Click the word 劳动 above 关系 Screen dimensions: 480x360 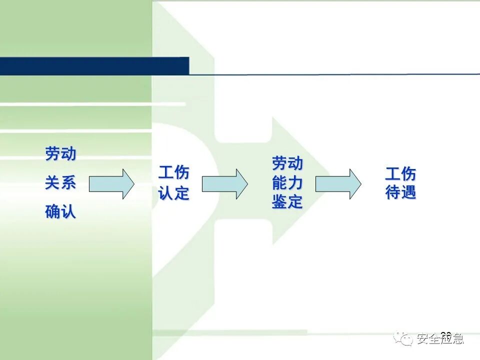(x=60, y=154)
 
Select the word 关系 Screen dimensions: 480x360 (x=60, y=183)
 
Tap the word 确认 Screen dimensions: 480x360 (x=60, y=212)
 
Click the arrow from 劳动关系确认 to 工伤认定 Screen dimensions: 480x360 (x=111, y=183)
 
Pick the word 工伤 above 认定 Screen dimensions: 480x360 (x=174, y=173)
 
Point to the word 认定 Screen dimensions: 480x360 (x=174, y=193)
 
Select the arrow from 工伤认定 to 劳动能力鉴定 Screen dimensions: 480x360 (x=224, y=183)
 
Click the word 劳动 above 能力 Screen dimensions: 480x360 (x=287, y=163)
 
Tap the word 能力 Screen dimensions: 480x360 (x=287, y=183)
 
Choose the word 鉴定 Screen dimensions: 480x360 (x=287, y=202)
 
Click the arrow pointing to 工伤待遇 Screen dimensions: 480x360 (x=338, y=183)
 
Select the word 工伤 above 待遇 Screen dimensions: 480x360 (x=400, y=174)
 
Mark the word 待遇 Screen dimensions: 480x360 (x=400, y=192)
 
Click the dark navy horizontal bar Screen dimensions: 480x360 (x=94, y=66)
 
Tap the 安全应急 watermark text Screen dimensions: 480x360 (x=439, y=339)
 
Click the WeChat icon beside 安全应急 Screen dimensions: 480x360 (x=403, y=338)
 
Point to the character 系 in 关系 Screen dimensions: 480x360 (x=68, y=183)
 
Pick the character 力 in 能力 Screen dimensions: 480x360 (x=295, y=183)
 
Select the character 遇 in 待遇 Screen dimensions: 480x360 (x=408, y=192)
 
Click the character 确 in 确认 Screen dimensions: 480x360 (x=52, y=212)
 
